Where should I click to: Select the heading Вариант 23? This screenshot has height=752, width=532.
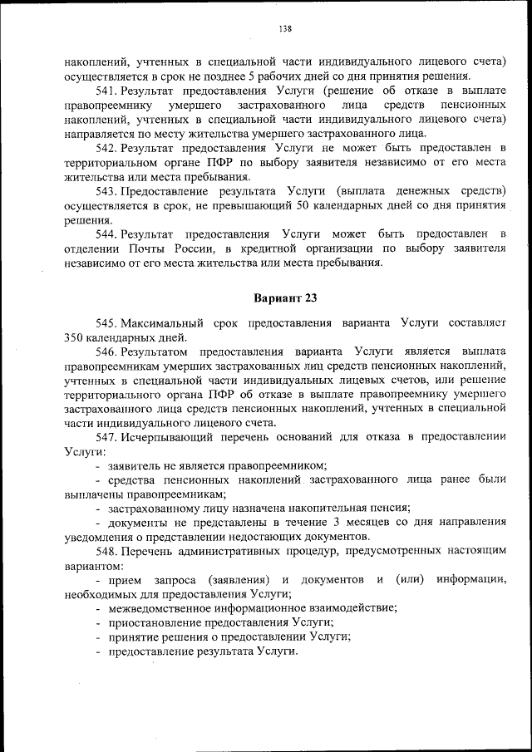coord(284,297)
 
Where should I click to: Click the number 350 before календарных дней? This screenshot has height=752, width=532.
coord(75,337)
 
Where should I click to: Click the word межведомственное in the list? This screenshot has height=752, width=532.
coord(156,607)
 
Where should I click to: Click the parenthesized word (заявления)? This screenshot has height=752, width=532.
coord(237,578)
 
